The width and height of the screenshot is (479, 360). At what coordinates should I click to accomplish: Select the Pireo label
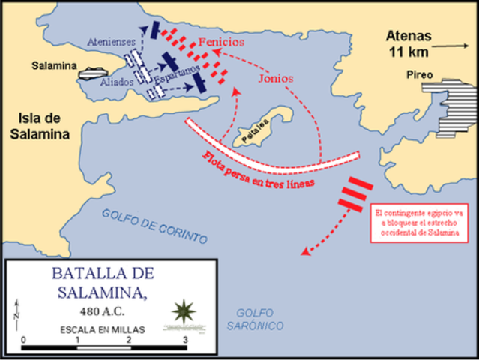pyautogui.click(x=420, y=75)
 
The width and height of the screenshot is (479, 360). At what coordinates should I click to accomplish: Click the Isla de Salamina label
pyautogui.click(x=34, y=128)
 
